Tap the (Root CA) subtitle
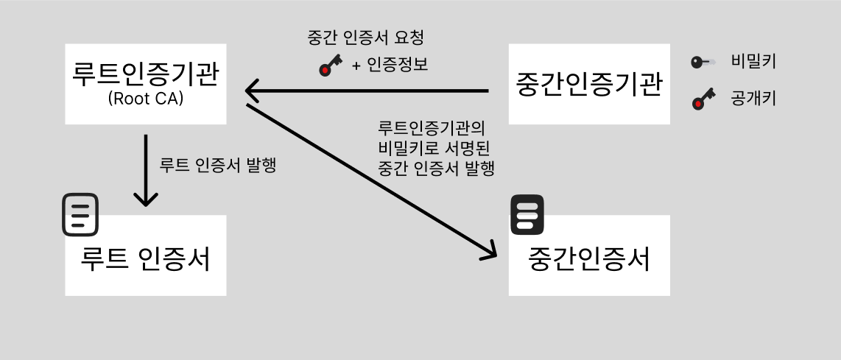coord(146,99)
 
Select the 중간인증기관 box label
coord(589,84)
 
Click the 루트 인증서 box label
coord(146,258)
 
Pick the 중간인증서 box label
coord(589,258)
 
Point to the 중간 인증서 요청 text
coord(366,38)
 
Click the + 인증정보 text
coord(390,65)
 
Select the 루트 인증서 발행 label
coord(218,166)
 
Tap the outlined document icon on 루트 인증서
coord(80,215)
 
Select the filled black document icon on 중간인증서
coord(527,215)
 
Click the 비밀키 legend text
coord(753,62)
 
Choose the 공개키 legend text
coord(753,97)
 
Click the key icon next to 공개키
coord(703,98)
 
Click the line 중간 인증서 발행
coord(435,167)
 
